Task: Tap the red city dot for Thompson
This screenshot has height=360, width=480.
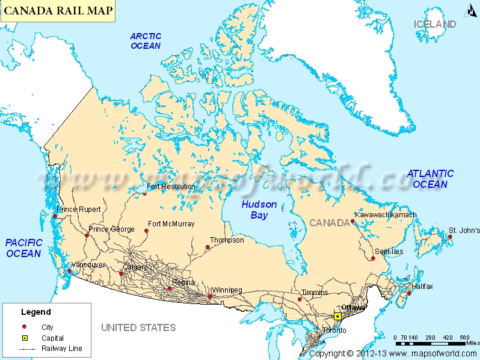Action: pos(208,247)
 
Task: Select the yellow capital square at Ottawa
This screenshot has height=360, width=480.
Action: pos(337,316)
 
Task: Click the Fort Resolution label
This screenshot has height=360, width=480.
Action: pos(171,187)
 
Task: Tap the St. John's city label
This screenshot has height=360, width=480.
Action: pos(464,231)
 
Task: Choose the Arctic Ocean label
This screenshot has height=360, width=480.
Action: pos(146,41)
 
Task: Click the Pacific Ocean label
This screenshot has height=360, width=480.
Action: pos(24,247)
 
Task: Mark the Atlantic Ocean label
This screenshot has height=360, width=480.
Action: pos(430,179)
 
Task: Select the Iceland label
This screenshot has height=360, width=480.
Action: pos(435,24)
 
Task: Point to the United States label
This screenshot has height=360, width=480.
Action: pos(138,327)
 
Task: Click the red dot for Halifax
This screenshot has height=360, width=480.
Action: pos(409,293)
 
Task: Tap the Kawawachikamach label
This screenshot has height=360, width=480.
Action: pos(386,215)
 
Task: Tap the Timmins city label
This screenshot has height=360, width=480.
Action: pos(316,293)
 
